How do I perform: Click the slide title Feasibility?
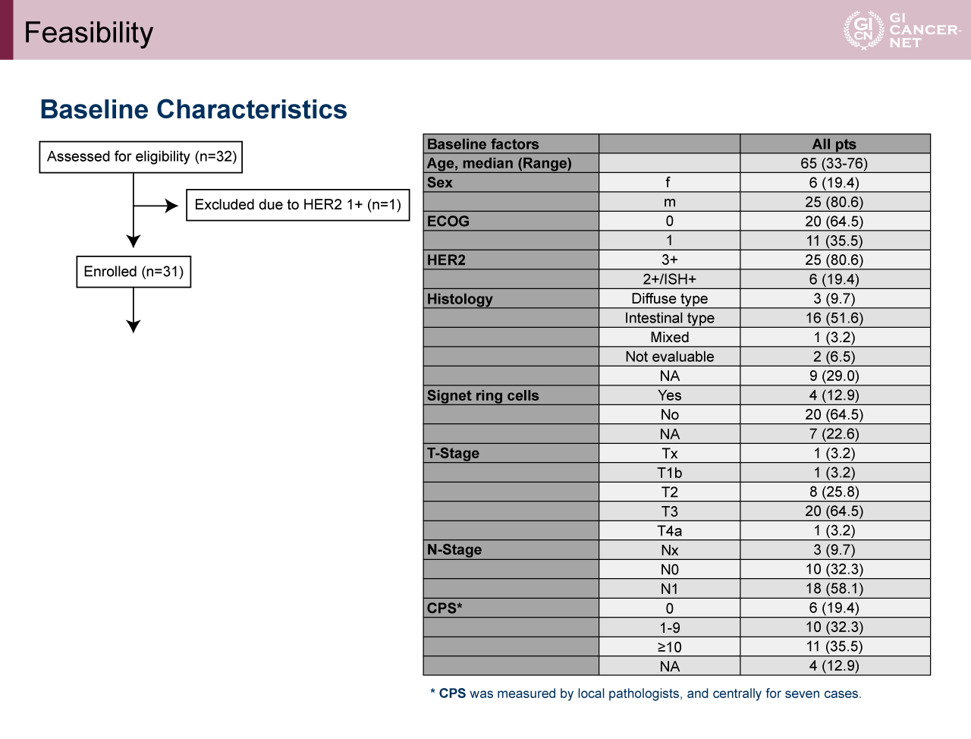(x=89, y=33)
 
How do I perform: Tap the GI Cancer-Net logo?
(x=901, y=30)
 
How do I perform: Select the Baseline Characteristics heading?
(x=193, y=109)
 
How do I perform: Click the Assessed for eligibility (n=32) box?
(x=141, y=157)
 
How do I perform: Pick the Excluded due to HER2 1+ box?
(x=297, y=205)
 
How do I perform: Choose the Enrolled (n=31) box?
(x=134, y=272)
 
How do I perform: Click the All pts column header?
(x=834, y=144)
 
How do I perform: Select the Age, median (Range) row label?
(x=499, y=163)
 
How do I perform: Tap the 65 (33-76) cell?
(x=834, y=163)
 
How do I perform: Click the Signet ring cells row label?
(x=483, y=395)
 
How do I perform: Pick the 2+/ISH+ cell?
(x=669, y=279)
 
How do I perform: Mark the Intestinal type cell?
(x=669, y=318)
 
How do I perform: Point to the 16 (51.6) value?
(x=834, y=318)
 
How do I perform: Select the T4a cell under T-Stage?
(x=669, y=531)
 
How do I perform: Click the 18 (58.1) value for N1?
(x=834, y=589)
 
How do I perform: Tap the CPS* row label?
(x=445, y=608)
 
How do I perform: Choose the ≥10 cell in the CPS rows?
(x=669, y=647)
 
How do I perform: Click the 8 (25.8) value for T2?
(x=834, y=492)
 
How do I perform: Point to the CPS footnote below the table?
(x=646, y=693)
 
